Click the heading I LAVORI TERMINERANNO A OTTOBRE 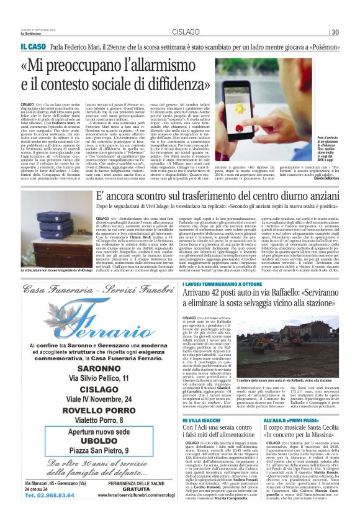230,302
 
